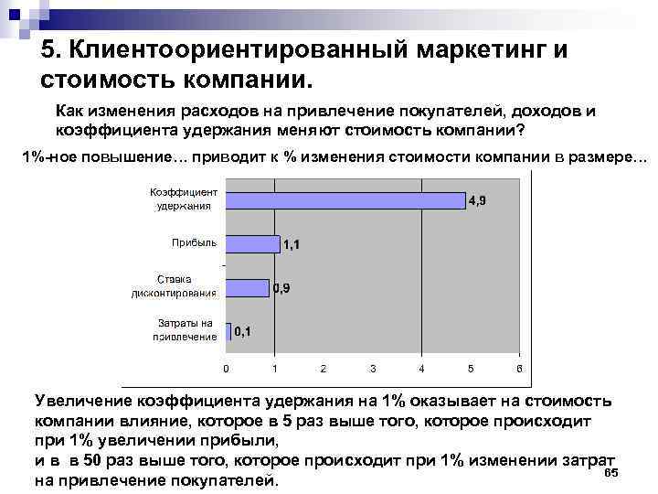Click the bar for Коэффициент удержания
(x=345, y=199)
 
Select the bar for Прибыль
(x=252, y=243)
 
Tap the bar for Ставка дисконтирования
(x=248, y=287)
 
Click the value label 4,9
(x=477, y=200)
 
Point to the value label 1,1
(x=292, y=245)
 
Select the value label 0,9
(x=282, y=289)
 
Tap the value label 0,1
(x=243, y=332)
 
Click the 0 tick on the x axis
(x=226, y=369)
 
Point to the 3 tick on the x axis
(x=372, y=369)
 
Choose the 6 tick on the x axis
(x=518, y=369)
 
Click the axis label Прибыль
(x=195, y=242)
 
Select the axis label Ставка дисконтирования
(x=186, y=285)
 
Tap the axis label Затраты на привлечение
(x=186, y=329)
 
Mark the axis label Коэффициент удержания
(x=184, y=199)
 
